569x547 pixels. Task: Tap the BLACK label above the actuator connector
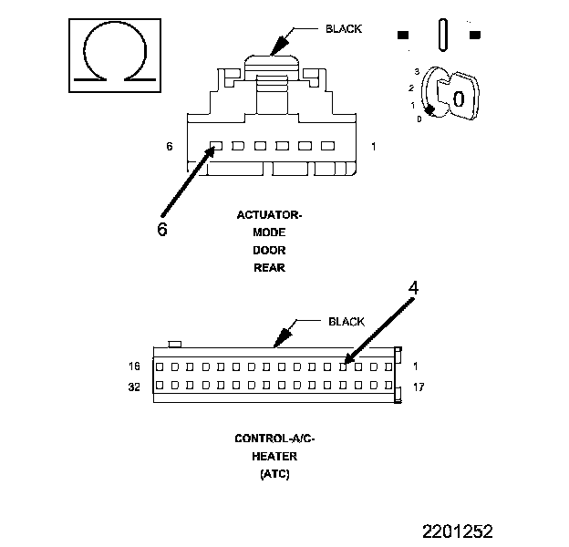coord(343,29)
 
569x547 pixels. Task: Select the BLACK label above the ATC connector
coord(346,322)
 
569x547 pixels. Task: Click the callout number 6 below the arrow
coord(161,230)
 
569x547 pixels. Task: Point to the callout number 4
coord(413,288)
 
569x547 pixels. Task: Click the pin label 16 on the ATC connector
coord(135,366)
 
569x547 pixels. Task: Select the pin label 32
coord(135,387)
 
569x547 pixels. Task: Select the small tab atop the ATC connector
coord(177,344)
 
